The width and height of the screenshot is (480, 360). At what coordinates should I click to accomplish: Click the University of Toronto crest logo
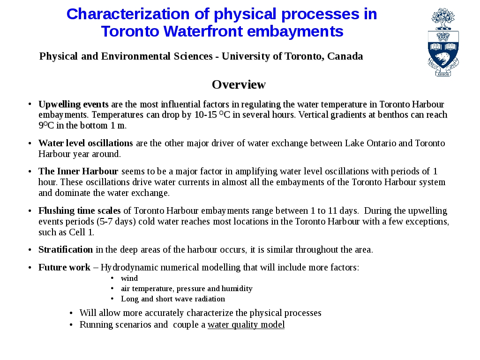443,42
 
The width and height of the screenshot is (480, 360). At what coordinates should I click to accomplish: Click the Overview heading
239,84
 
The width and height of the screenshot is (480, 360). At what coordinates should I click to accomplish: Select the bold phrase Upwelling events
74,104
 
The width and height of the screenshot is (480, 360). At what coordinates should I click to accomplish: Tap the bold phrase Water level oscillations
86,143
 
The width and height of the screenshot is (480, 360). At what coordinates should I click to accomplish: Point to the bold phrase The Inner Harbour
78,171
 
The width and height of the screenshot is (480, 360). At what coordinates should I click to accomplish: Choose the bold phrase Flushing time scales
80,210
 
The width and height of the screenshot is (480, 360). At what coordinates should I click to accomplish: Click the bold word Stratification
66,249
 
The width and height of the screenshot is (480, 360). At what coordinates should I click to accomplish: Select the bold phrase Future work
64,268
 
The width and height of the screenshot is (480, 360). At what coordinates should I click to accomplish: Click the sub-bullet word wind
129,278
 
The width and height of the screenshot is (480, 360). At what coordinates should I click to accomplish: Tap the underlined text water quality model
246,325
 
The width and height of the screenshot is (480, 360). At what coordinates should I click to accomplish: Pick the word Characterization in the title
128,14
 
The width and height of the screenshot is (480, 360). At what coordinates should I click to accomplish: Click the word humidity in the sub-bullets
238,289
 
